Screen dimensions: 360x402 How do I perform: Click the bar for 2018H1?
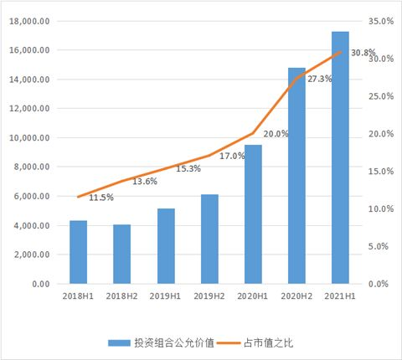pyautogui.click(x=78, y=252)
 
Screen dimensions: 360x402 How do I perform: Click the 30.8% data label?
pyautogui.click(x=363, y=53)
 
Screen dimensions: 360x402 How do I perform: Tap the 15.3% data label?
pyautogui.click(x=188, y=168)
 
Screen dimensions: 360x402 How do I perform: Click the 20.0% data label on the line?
pyautogui.click(x=276, y=133)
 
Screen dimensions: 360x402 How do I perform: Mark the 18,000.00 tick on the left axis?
pyautogui.click(x=30, y=22)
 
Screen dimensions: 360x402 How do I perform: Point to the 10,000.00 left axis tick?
pyautogui.click(x=30, y=138)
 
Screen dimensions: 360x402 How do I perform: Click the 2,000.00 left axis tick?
pyautogui.click(x=33, y=255)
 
